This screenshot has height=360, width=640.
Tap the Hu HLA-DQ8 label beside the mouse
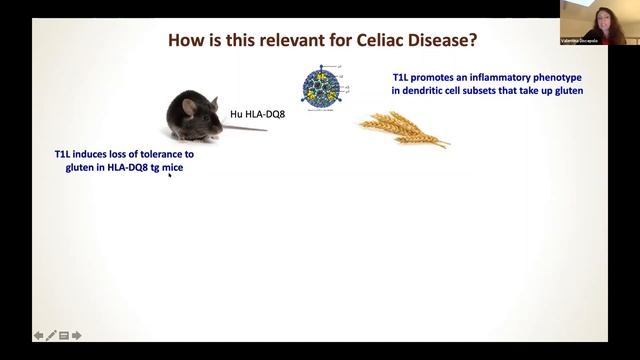[255, 115]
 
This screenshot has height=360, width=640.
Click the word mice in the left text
[173, 169]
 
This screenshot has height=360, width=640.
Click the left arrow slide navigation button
[38, 336]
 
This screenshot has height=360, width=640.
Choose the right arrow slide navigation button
[76, 336]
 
